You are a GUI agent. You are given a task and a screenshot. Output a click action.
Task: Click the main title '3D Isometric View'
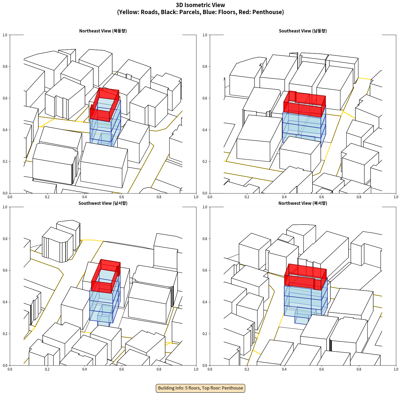(x=200, y=5)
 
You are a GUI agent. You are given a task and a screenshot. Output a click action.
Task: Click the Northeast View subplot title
(x=103, y=31)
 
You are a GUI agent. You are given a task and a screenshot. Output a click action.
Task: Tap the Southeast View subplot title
(x=303, y=31)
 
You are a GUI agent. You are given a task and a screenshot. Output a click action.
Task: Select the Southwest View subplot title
(x=103, y=203)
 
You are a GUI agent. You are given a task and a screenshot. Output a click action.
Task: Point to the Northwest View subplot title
(x=303, y=203)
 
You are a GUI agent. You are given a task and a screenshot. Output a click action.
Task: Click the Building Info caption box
(x=200, y=388)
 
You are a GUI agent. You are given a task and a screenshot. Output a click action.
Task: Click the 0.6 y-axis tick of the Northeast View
(x=5, y=98)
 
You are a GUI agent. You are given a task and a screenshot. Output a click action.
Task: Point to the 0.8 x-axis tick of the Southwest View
(x=159, y=369)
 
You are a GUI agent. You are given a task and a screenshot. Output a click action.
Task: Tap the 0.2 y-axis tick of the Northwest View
(x=205, y=334)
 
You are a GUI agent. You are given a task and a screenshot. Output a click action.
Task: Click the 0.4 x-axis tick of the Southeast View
(x=284, y=197)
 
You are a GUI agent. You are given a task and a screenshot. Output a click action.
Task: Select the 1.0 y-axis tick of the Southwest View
(x=5, y=207)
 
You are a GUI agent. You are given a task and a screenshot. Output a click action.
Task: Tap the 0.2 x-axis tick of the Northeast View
(x=47, y=197)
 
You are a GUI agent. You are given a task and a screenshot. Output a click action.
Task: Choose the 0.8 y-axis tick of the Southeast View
(x=205, y=67)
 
